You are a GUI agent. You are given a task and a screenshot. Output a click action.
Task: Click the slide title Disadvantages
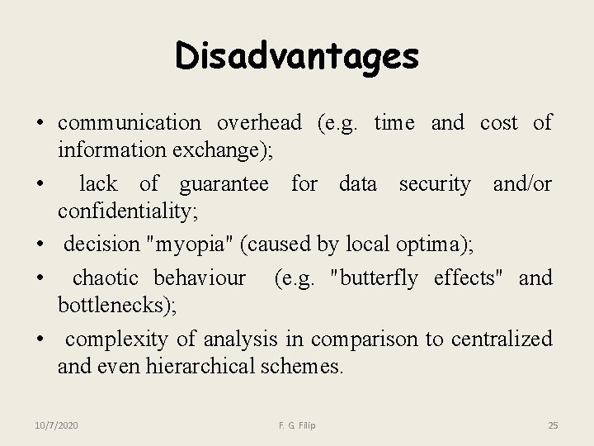click(x=297, y=57)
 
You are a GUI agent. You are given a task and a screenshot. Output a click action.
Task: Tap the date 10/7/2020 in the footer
click(x=56, y=425)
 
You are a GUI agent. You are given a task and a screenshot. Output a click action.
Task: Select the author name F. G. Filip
click(x=297, y=425)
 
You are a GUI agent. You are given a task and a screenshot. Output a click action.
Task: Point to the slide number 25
click(x=553, y=425)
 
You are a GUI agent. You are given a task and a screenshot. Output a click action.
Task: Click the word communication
click(x=130, y=123)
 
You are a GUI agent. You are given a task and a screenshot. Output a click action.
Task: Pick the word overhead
click(x=259, y=123)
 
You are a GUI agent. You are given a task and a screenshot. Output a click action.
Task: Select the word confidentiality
click(x=126, y=212)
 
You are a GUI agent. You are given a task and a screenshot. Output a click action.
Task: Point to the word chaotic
click(x=106, y=278)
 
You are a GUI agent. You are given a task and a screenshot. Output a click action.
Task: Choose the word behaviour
click(x=200, y=278)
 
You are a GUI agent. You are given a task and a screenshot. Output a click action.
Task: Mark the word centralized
click(x=500, y=339)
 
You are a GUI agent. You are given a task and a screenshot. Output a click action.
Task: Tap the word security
click(x=435, y=184)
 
